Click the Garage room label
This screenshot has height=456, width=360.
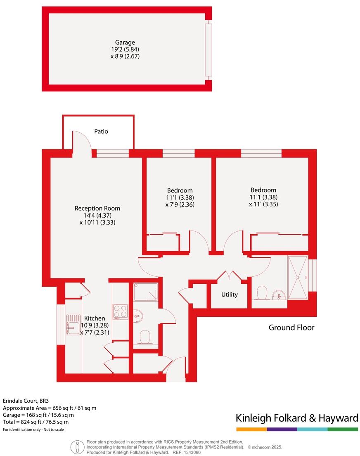click(x=125, y=42)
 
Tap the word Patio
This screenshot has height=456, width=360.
click(x=101, y=131)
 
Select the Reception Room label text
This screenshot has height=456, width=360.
click(x=97, y=208)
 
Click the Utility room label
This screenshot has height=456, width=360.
click(x=230, y=294)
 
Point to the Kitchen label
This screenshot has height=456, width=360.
click(x=95, y=318)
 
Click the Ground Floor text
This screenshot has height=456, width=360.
click(x=291, y=328)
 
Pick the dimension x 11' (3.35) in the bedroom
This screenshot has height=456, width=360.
click(x=263, y=204)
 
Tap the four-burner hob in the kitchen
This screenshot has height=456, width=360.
click(x=120, y=312)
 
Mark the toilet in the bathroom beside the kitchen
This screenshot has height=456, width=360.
click(x=145, y=337)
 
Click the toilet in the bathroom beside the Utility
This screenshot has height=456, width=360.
click(x=261, y=293)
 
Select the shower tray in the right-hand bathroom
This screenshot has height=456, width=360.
click(x=298, y=278)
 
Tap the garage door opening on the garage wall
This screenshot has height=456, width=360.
click(x=208, y=50)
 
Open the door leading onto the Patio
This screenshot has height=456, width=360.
click(x=83, y=142)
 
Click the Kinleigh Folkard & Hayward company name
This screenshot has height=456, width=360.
click(x=297, y=418)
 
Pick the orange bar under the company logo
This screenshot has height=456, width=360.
click(x=251, y=430)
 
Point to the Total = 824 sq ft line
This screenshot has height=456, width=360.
click(x=36, y=422)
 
